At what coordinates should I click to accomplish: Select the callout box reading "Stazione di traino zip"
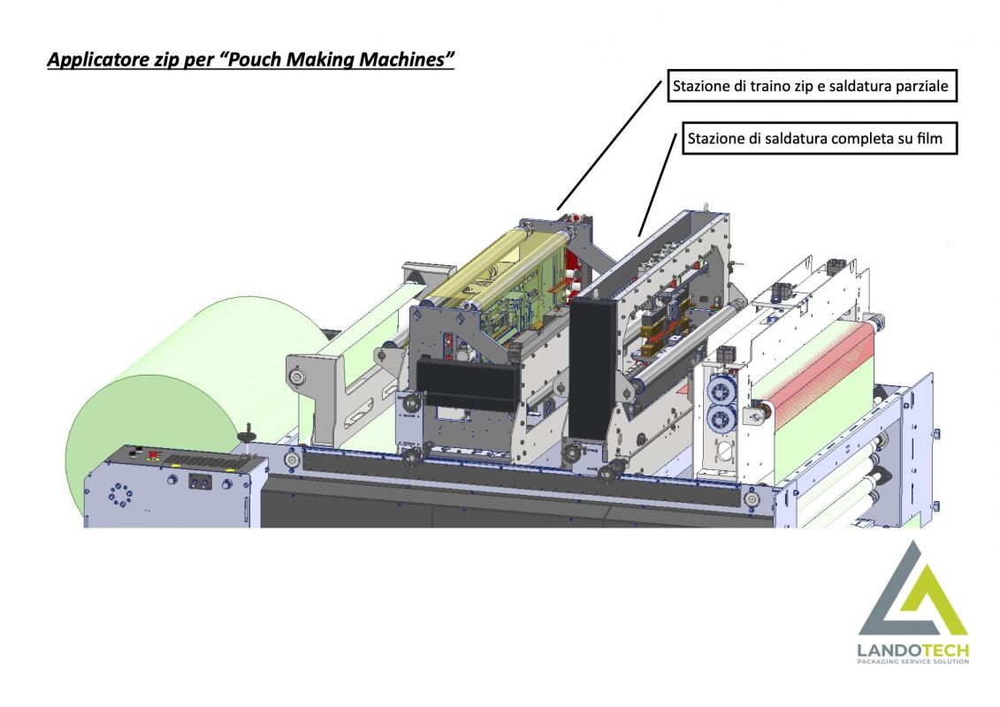[811, 87]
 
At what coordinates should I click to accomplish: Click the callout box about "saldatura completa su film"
[818, 139]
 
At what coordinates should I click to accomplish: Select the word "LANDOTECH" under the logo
[912, 651]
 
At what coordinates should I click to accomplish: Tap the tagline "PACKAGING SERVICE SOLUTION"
[912, 663]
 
